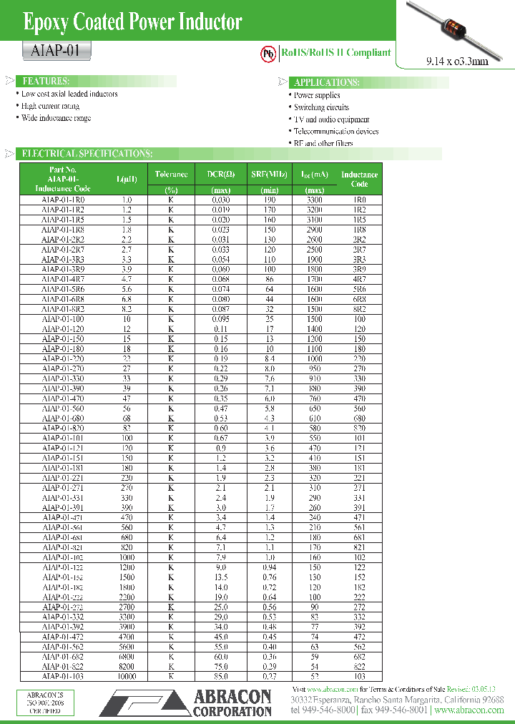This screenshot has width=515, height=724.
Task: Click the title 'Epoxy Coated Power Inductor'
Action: point(133,23)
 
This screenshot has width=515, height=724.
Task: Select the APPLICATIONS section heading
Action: point(326,82)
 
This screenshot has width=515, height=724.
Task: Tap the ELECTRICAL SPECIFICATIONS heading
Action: point(87,153)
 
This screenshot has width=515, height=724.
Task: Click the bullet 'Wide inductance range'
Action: point(56,118)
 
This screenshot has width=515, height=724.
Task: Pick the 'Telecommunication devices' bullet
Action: point(336,132)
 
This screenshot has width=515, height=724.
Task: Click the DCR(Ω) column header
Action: point(221,174)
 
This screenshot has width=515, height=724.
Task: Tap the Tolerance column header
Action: point(171,174)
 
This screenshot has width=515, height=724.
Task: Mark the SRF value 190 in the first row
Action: point(269,200)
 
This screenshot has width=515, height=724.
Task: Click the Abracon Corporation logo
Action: point(187,702)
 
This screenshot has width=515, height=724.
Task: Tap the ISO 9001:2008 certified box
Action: point(44,703)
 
